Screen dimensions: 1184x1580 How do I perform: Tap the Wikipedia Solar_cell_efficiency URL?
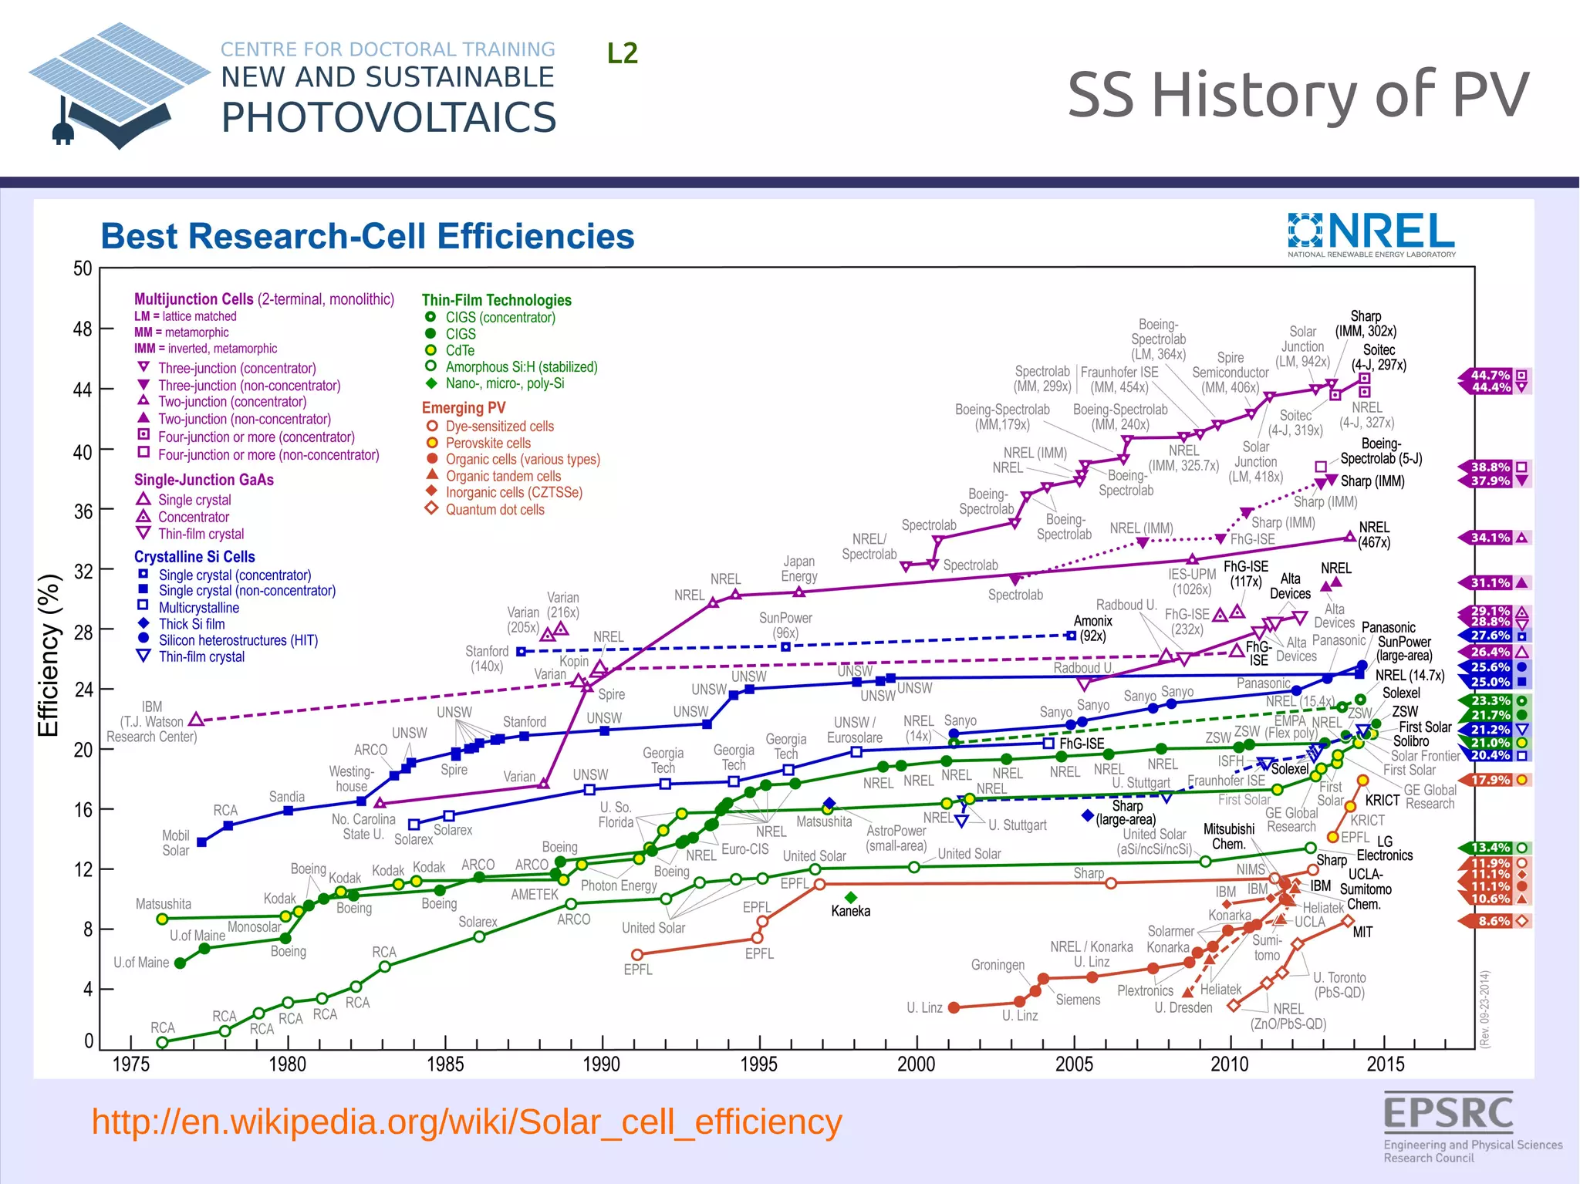[466, 1122]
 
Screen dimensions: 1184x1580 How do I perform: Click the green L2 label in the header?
[622, 53]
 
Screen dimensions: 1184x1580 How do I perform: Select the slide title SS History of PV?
[1297, 95]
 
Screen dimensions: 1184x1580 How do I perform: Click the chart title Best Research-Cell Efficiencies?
[367, 236]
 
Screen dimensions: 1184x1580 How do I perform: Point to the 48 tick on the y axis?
[83, 329]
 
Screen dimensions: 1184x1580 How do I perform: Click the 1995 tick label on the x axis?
[758, 1064]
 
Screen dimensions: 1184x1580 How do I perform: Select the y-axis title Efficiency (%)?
[49, 656]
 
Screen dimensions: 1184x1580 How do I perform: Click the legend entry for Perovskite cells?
[488, 443]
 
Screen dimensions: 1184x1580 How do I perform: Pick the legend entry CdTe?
[460, 350]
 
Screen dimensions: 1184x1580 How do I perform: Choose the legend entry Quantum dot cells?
[495, 510]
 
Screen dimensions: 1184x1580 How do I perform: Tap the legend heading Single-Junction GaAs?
[204, 480]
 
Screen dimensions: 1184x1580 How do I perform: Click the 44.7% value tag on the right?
[1491, 375]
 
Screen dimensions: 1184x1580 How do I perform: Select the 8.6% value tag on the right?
[1494, 921]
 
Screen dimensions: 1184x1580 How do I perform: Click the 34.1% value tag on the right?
[1491, 538]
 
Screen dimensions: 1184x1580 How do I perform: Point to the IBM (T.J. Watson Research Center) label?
[152, 721]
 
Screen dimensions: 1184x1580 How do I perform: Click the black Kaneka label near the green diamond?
[850, 911]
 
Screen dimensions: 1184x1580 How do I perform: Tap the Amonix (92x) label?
[1092, 628]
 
